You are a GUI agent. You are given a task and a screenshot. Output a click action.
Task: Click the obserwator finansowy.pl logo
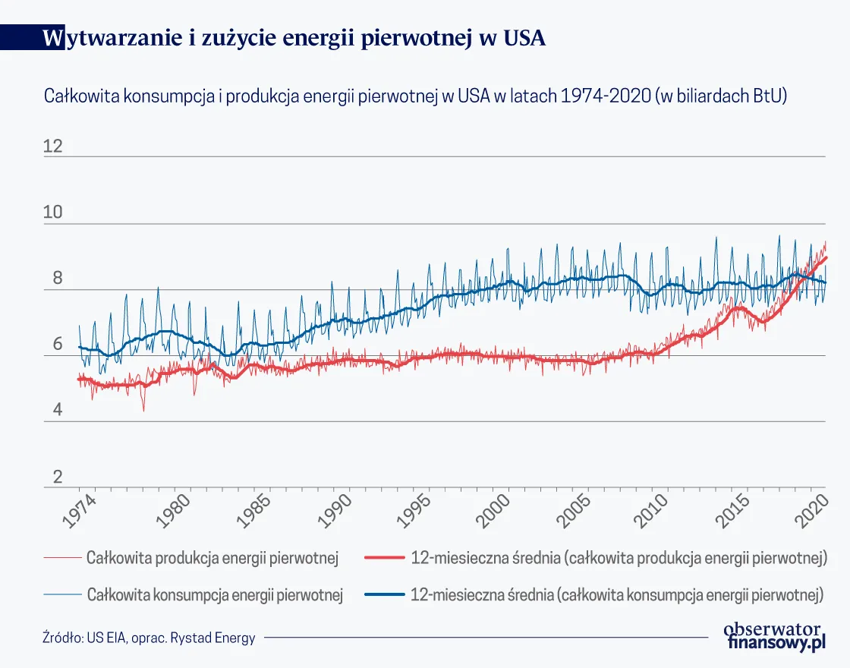[x=774, y=635]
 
